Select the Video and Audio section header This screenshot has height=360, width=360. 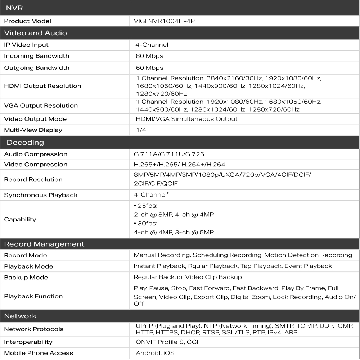35,33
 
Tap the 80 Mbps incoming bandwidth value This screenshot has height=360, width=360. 149,56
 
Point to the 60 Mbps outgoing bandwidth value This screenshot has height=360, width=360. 149,68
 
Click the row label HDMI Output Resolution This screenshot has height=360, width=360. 42,86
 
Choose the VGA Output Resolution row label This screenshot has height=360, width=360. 41,105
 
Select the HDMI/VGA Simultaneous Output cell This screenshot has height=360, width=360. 186,119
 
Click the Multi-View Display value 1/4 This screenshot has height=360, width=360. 141,130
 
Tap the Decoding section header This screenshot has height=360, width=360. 25,143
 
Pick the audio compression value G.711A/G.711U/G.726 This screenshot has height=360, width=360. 169,154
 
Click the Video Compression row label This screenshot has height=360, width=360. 36,165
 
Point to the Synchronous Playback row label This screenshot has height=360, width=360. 41,195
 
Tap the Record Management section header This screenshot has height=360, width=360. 44,244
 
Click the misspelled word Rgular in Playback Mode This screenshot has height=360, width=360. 196,266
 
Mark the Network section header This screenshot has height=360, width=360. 20,316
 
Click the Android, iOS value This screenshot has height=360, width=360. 155,353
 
